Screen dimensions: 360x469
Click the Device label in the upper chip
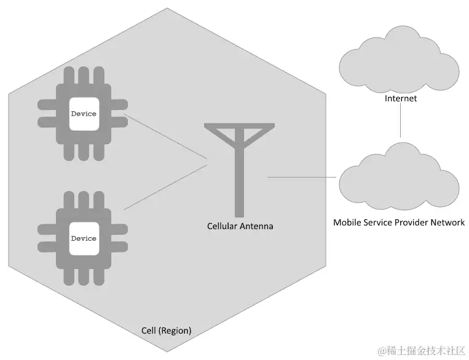coord(84,114)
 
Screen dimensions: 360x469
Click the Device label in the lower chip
coord(84,238)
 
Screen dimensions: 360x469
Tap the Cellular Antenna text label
coord(240,227)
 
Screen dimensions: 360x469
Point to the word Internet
coord(401,98)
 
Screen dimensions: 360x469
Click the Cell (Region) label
coord(166,331)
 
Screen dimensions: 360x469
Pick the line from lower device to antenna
coord(166,187)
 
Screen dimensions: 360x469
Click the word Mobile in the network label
coord(347,222)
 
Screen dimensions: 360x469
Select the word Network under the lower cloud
coord(447,222)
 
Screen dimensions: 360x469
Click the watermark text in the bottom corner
coord(421,351)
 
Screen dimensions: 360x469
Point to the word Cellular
coord(222,227)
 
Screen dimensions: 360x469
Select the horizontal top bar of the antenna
coord(240,127)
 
